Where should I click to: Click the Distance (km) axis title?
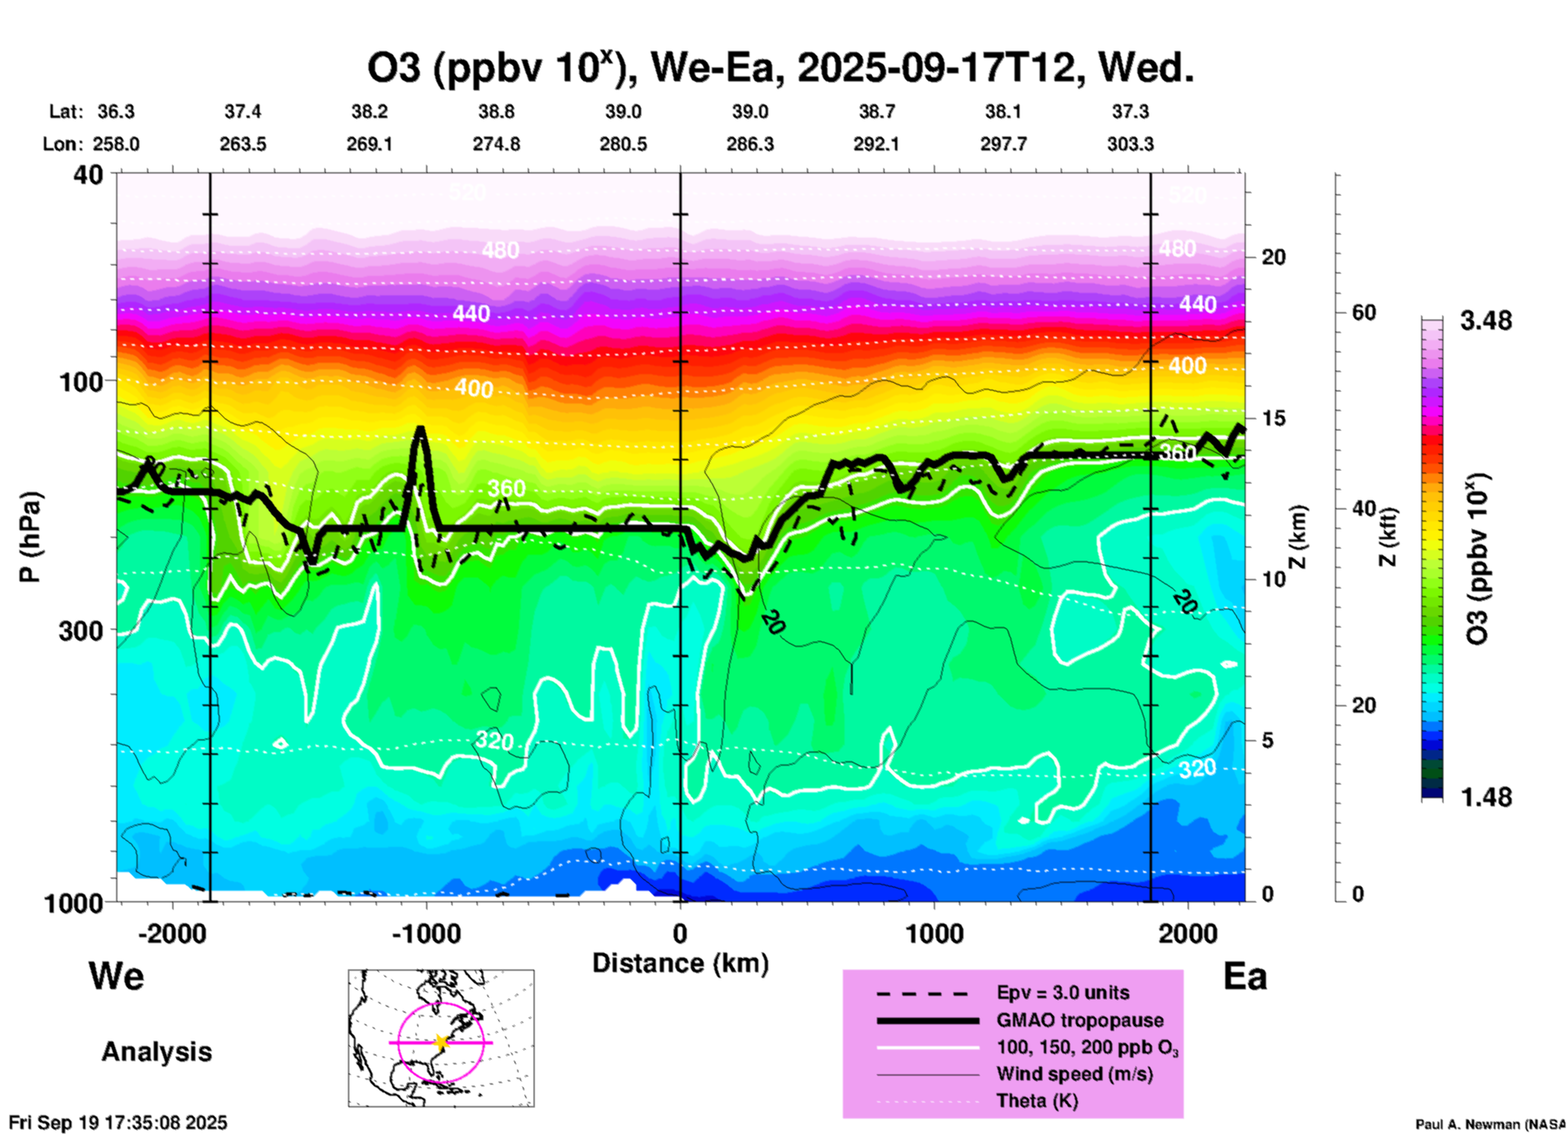pyautogui.click(x=680, y=963)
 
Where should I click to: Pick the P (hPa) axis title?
pyautogui.click(x=30, y=537)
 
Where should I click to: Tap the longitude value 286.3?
pyautogui.click(x=749, y=145)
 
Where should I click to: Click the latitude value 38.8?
pyautogui.click(x=495, y=111)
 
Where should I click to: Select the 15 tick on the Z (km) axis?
pyautogui.click(x=1273, y=418)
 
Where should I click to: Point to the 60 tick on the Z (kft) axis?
pyautogui.click(x=1364, y=312)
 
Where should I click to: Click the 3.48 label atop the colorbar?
pyautogui.click(x=1486, y=321)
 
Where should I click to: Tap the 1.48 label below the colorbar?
pyautogui.click(x=1486, y=797)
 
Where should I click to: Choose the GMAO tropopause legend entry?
pyautogui.click(x=1080, y=1020)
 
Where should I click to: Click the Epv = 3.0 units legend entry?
pyautogui.click(x=1063, y=993)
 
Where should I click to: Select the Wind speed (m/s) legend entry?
pyautogui.click(x=1074, y=1074)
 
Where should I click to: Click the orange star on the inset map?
pyautogui.click(x=441, y=1042)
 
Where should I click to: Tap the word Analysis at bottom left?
pyautogui.click(x=156, y=1052)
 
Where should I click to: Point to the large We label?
pyautogui.click(x=116, y=975)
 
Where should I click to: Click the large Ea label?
pyautogui.click(x=1245, y=977)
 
